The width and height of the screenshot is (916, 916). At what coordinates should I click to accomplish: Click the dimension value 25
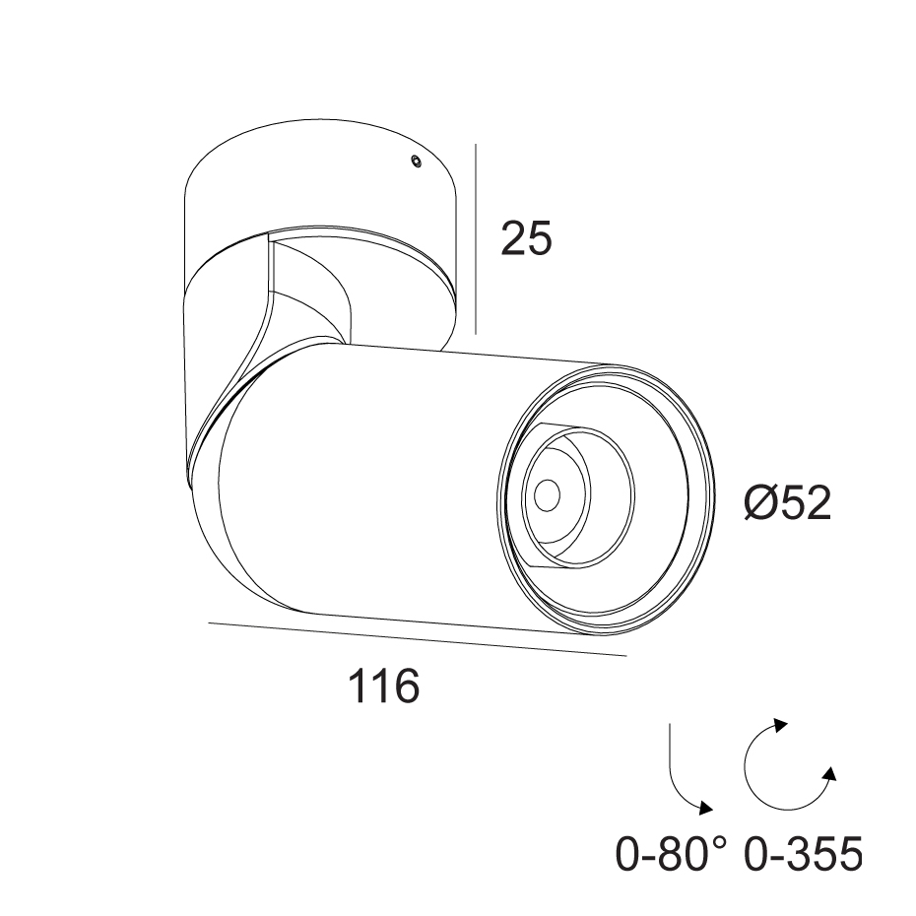point(526,238)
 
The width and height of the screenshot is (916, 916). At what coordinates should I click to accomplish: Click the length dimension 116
point(384,686)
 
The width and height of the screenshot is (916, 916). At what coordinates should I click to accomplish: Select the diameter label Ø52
point(788,503)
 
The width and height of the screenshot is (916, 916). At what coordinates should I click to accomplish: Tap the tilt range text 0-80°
point(672,854)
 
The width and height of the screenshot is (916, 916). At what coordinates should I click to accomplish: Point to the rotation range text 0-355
point(804,854)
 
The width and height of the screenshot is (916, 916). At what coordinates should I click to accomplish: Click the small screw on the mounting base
point(416,161)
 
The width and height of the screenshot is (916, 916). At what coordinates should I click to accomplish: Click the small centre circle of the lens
point(548,494)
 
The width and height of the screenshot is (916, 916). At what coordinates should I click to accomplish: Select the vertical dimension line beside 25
point(476,239)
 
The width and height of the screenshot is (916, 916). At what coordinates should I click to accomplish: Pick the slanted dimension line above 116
point(417,639)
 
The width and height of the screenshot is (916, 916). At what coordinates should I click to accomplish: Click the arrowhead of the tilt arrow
point(705,808)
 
